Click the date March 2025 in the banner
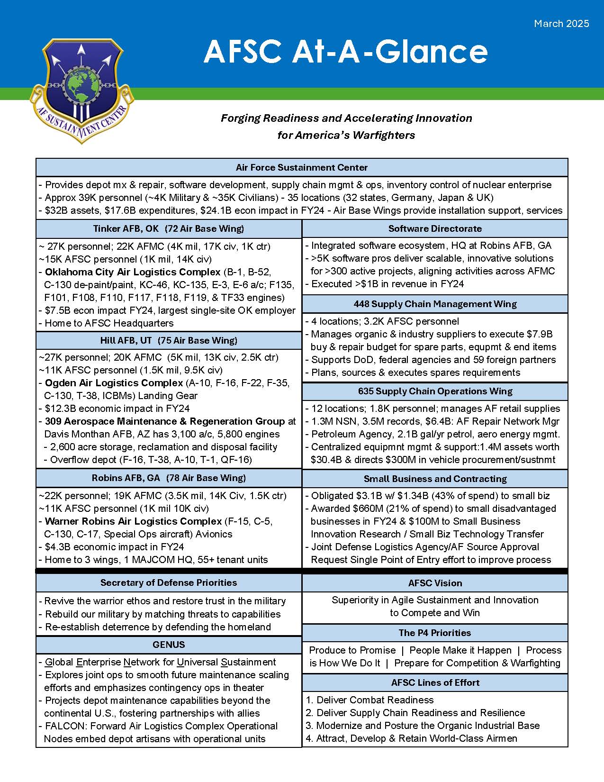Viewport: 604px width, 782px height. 561,24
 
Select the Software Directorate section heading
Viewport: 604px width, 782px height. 435,228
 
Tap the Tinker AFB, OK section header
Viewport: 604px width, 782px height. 169,228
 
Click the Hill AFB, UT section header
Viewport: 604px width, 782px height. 169,340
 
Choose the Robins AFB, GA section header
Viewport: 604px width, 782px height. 169,478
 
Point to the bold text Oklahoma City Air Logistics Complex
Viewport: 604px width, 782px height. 133,272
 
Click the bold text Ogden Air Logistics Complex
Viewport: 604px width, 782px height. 114,382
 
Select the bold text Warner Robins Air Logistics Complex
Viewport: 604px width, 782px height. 133,521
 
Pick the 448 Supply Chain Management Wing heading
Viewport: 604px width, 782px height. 435,304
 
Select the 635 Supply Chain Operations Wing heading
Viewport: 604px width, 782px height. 435,391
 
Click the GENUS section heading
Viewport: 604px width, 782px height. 169,645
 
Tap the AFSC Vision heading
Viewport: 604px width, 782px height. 435,583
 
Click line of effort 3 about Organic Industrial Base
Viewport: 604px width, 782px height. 423,726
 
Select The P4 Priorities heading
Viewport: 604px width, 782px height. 435,633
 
